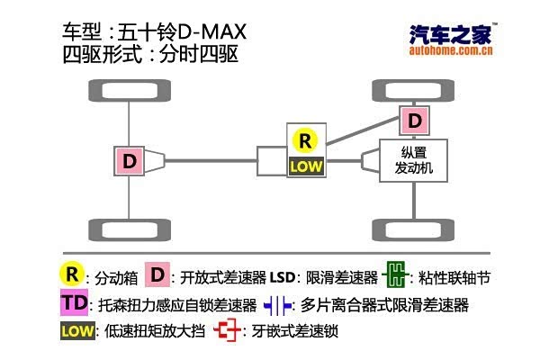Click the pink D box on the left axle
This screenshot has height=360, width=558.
pyautogui.click(x=130, y=161)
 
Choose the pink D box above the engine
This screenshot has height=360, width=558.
pyautogui.click(x=414, y=120)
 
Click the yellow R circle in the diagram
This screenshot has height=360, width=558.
pyautogui.click(x=305, y=140)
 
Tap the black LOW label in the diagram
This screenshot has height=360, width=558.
pyautogui.click(x=305, y=166)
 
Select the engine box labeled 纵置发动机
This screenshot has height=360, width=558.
pyautogui.click(x=414, y=161)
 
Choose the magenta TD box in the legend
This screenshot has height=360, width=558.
pyautogui.click(x=75, y=303)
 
